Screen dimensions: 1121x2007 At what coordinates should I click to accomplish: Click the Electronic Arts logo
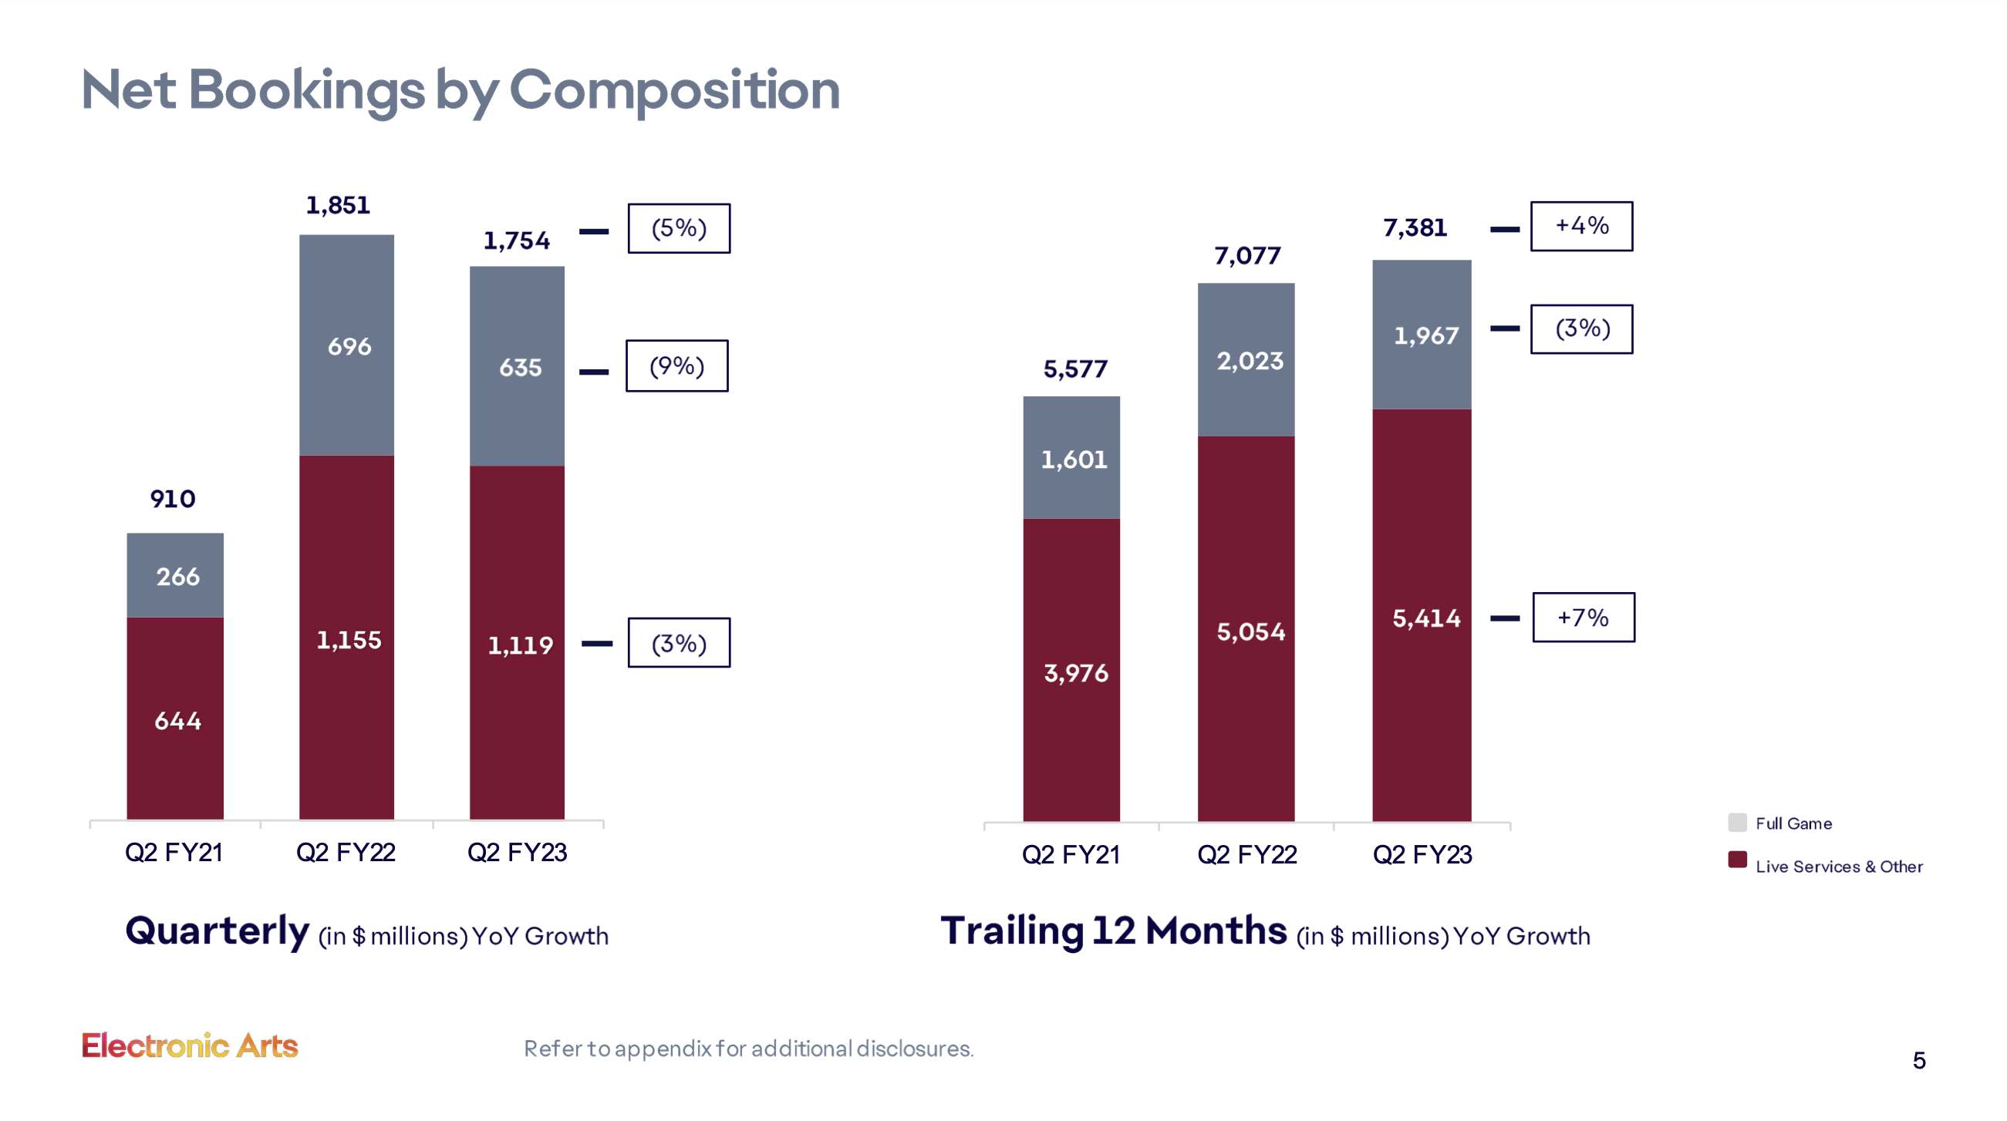[x=189, y=1045]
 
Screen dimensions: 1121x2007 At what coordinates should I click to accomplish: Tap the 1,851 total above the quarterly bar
[x=337, y=206]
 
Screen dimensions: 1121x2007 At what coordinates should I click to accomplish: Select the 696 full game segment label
[x=349, y=346]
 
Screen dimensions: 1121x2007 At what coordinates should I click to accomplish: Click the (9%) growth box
[x=676, y=365]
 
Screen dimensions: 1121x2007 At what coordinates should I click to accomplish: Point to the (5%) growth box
[x=679, y=228]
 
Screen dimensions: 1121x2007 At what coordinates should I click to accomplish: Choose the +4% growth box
[x=1580, y=226]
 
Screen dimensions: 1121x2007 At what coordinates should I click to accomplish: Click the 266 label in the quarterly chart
[x=177, y=577]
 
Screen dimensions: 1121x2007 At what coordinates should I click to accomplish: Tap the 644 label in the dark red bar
[x=177, y=721]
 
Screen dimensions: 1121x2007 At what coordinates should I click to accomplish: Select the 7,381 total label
[x=1414, y=227]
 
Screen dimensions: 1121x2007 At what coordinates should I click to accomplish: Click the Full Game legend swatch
[x=1736, y=823]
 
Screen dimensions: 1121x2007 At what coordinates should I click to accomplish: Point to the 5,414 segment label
[x=1425, y=618]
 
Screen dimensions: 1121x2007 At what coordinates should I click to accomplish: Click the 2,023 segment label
[x=1250, y=361]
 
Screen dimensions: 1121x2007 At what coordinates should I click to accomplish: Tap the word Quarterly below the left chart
[x=217, y=931]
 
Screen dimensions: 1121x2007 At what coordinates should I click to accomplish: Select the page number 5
[x=1918, y=1060]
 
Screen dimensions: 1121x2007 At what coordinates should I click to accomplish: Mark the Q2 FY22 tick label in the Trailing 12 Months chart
[x=1246, y=854]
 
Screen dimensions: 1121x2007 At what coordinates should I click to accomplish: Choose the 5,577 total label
[x=1075, y=369]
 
